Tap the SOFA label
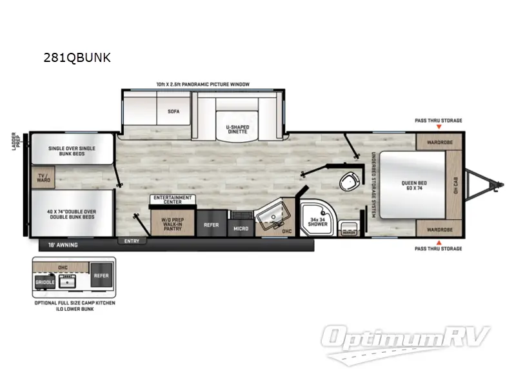pyautogui.click(x=173, y=111)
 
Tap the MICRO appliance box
pyautogui.click(x=241, y=228)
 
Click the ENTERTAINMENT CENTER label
pyautogui.click(x=172, y=199)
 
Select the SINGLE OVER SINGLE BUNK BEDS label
pyautogui.click(x=72, y=152)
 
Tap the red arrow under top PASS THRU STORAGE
pyautogui.click(x=438, y=128)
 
